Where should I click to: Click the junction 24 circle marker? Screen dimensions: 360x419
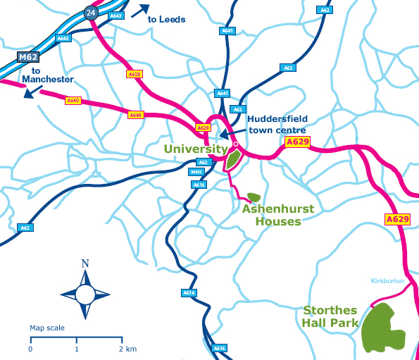89,12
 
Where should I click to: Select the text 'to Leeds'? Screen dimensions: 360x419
167,20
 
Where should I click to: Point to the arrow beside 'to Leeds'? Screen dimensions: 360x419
139,10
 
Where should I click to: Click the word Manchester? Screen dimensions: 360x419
48,80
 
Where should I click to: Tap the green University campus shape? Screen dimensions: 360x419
232,159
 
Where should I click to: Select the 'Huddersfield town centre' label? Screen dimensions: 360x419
276,125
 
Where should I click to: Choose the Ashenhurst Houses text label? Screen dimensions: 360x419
277,215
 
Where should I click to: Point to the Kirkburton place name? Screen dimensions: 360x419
389,281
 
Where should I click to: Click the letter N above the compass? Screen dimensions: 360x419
85,264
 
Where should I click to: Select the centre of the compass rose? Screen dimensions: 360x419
85,293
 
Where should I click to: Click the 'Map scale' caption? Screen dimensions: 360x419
47,328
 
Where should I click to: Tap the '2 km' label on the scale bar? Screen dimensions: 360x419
127,349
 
